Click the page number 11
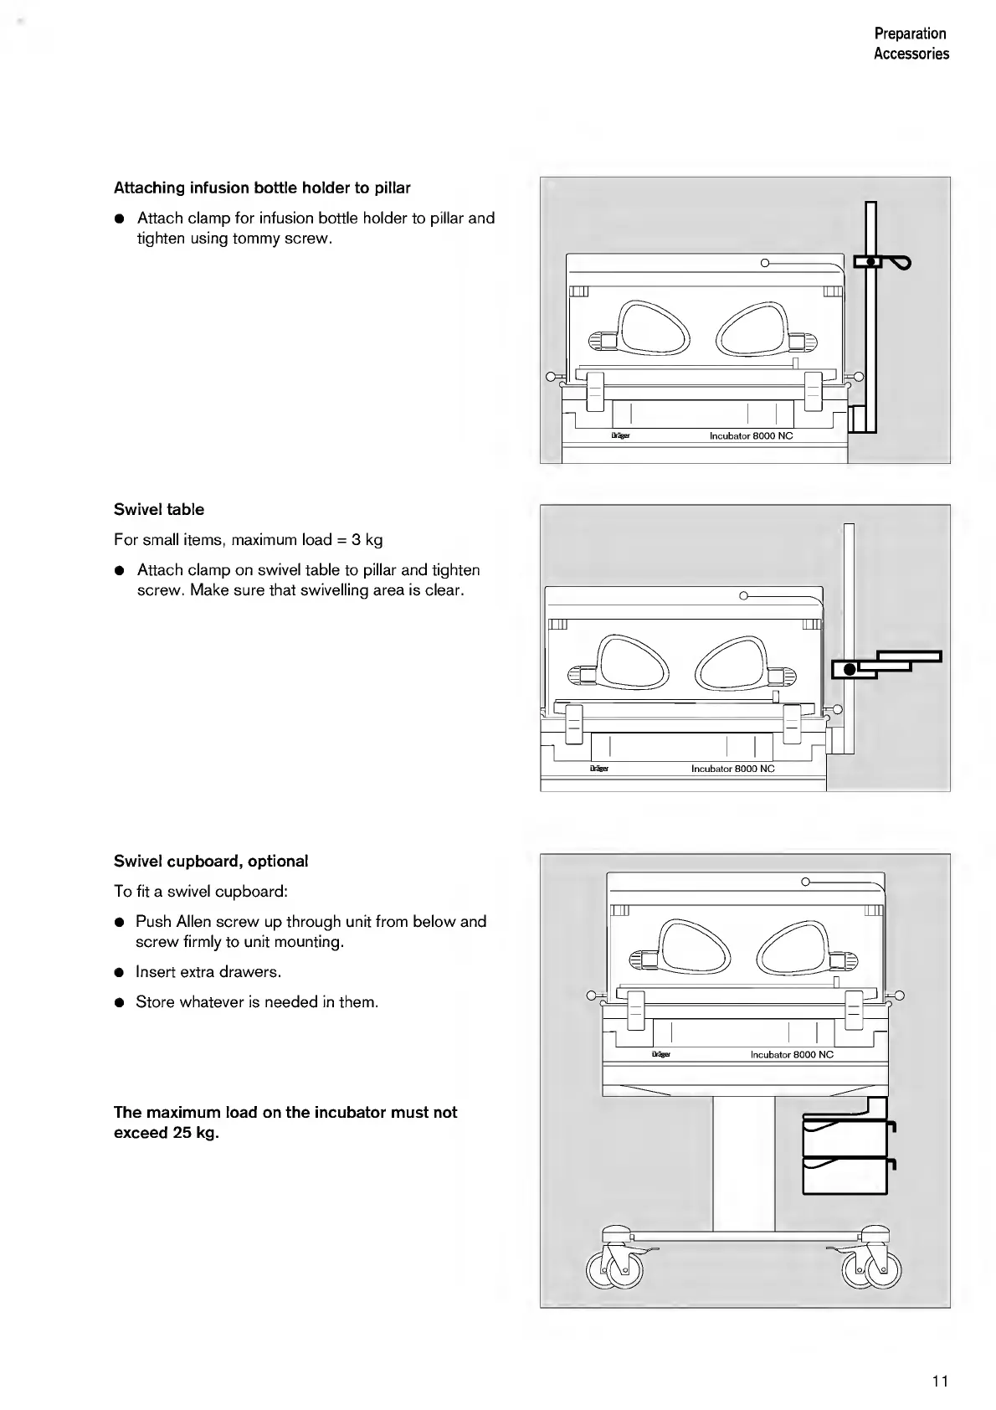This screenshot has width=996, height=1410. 940,1382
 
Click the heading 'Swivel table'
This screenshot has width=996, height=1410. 159,509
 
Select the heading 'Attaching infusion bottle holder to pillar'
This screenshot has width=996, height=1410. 262,188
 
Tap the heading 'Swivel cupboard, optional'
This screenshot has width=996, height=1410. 211,861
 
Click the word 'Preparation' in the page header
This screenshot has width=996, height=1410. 910,33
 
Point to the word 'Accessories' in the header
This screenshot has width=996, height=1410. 911,54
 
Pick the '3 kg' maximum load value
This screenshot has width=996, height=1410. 367,539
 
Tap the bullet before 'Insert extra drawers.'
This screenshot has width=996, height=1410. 120,972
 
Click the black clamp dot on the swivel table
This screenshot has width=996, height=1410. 850,669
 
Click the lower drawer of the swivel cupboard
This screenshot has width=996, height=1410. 844,1175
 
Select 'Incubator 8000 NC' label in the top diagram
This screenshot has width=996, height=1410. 751,436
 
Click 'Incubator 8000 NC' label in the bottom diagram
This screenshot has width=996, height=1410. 792,1055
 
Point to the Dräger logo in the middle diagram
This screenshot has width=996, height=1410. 598,769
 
